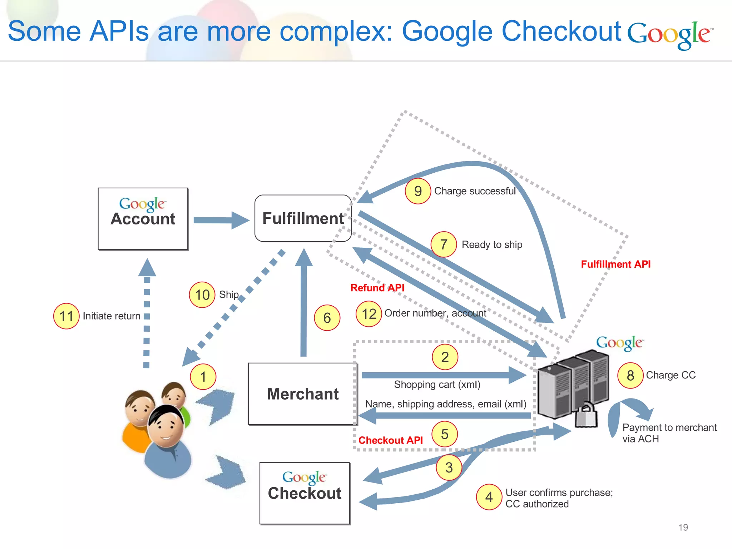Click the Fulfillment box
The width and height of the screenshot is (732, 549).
coord(303,218)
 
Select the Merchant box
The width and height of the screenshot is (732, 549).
coord(302,394)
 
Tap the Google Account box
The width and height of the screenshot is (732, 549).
coord(143,219)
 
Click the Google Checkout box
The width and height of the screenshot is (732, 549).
coord(305,493)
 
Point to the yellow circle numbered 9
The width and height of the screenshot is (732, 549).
coord(417,191)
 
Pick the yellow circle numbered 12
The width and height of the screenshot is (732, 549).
coord(369,314)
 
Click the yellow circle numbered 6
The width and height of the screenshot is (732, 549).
coord(327,318)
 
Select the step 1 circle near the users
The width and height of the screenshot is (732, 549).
coord(203,376)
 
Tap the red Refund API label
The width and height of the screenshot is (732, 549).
coord(377,288)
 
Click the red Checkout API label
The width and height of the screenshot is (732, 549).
coord(390,440)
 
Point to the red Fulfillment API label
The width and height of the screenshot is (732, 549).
coord(615,264)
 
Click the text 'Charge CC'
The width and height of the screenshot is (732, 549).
coord(671,375)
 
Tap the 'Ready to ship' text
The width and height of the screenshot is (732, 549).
coord(492,244)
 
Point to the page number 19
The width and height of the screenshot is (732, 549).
coord(683,527)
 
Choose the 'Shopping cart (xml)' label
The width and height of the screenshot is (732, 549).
coord(437,385)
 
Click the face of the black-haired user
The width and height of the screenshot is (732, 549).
coord(166,427)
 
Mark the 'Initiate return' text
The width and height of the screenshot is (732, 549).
coord(111,316)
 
